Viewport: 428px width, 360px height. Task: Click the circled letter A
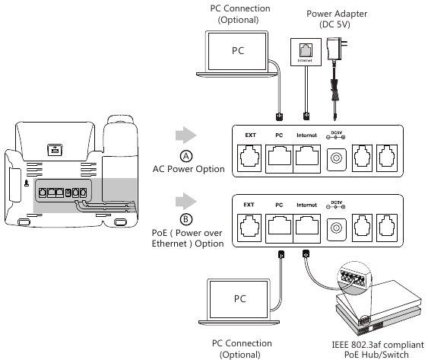coord(186,156)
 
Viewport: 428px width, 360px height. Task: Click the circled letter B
coord(186,219)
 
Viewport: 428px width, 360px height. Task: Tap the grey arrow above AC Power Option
coord(186,135)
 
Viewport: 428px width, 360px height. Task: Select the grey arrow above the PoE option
coord(186,202)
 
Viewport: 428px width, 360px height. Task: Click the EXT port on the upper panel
coord(249,158)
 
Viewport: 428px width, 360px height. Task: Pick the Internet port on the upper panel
coord(307,159)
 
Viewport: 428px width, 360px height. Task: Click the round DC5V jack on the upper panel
coord(336,158)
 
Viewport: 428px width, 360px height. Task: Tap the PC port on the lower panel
coord(279,228)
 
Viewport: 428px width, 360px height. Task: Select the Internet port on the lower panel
coord(307,228)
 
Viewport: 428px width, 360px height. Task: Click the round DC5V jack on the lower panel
coord(336,228)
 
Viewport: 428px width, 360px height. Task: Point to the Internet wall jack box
coord(306,52)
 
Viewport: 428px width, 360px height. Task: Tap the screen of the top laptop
coord(237,52)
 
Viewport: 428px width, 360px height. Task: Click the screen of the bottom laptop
coord(239,299)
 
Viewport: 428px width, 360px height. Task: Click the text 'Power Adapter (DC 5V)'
coord(336,19)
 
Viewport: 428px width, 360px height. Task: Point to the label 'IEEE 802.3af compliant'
coord(378,345)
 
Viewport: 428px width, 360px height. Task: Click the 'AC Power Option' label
coord(189,169)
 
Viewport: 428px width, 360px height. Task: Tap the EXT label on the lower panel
coord(249,205)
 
